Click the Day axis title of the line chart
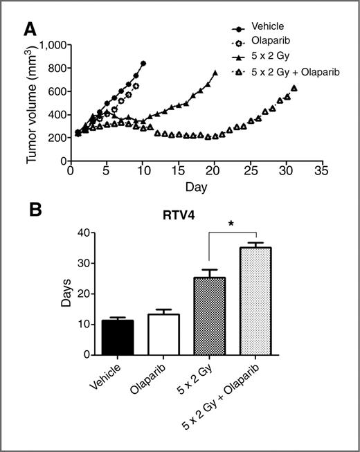pos(195,188)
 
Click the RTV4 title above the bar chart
pos(188,223)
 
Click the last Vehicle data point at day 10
pos(143,64)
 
